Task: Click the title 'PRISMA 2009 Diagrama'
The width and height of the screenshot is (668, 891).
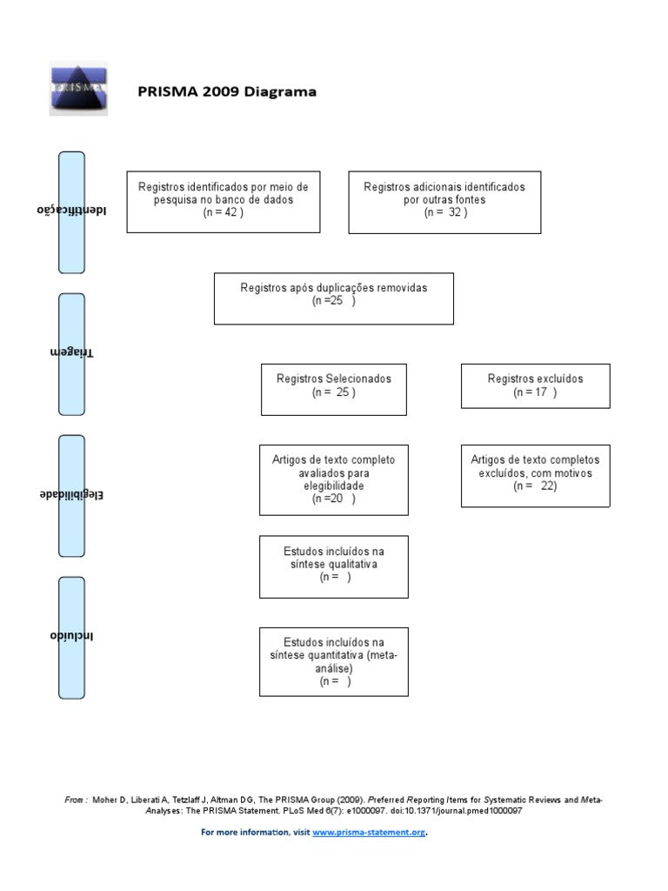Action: tap(227, 91)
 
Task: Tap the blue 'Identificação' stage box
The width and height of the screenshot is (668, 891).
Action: tap(71, 211)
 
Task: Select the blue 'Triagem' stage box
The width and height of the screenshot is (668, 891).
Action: tap(71, 353)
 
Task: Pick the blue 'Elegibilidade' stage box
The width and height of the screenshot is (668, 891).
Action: tap(71, 496)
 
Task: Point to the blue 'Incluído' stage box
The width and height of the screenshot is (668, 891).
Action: tap(71, 637)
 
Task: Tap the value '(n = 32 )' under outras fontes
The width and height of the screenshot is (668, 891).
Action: tap(444, 212)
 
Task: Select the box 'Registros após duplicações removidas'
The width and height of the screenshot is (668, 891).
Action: tap(333, 298)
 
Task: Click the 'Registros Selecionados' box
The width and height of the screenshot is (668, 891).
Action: tap(334, 388)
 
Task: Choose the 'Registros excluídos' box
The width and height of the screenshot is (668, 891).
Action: tap(535, 385)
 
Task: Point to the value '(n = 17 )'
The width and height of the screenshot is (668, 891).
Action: tap(535, 392)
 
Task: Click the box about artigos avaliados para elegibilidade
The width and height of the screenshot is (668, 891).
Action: tap(334, 479)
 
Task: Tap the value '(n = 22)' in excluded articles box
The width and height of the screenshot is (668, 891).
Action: tap(535, 486)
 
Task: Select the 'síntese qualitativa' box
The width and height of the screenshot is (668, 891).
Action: tap(334, 566)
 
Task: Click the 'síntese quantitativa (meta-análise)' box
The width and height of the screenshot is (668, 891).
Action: tap(334, 661)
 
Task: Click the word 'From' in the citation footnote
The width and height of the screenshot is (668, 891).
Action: tap(74, 799)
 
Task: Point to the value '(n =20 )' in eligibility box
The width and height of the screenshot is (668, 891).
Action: tap(334, 499)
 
